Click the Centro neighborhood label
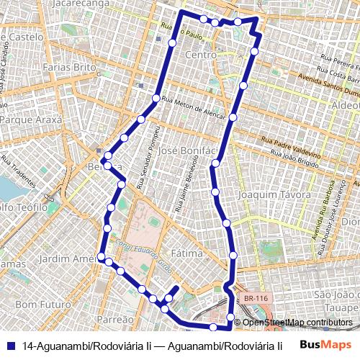click(x=201, y=55)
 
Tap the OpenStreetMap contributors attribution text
click(x=297, y=323)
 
